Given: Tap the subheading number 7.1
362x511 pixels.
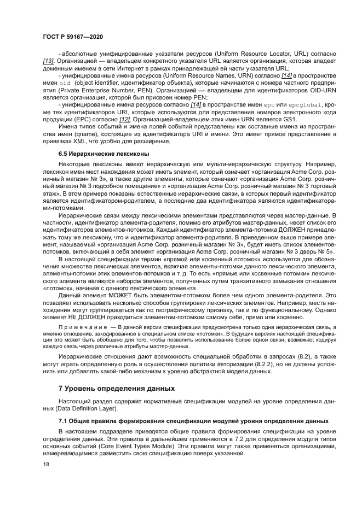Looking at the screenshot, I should coord(64,421).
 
